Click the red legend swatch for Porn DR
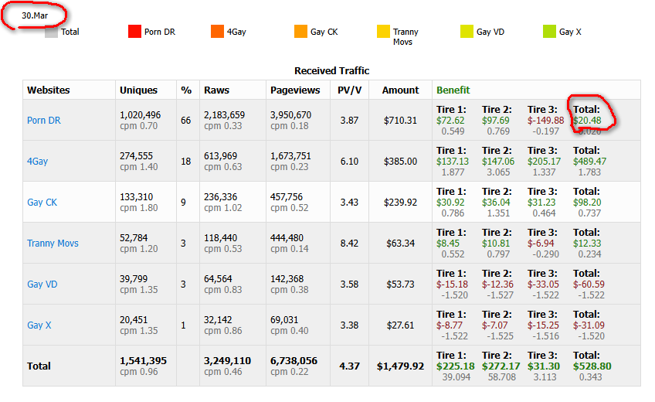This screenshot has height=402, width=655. tap(134, 32)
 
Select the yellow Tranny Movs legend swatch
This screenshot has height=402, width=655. tap(383, 32)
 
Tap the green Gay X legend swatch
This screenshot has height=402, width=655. tap(549, 32)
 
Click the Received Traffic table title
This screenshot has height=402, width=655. tap(331, 71)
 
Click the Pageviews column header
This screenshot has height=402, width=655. tap(290, 90)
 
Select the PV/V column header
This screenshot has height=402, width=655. tap(349, 90)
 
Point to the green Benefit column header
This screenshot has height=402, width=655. tap(453, 90)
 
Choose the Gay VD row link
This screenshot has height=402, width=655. tap(42, 284)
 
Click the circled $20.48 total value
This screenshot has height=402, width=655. tap(588, 121)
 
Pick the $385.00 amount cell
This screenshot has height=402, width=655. tap(401, 161)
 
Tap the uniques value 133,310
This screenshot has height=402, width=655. tap(136, 196)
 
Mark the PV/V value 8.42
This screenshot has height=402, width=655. tap(349, 243)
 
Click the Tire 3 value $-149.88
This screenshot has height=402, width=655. tap(545, 121)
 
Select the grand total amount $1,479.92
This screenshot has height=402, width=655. tap(400, 366)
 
